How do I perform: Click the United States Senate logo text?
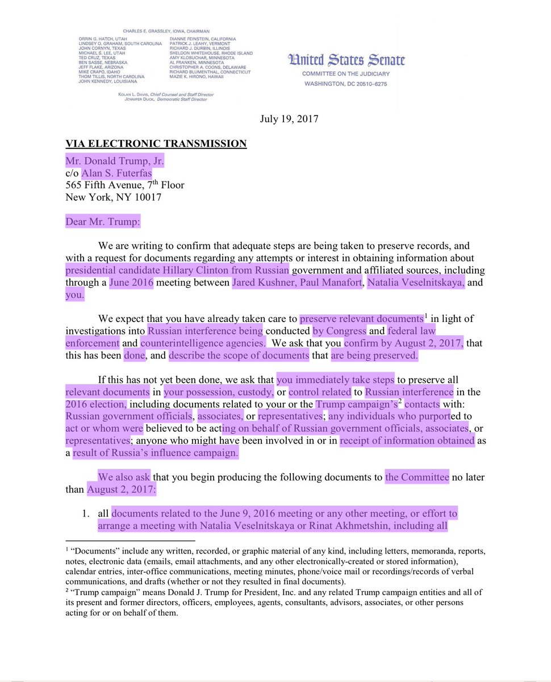click(x=347, y=60)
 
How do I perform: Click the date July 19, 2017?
click(x=289, y=119)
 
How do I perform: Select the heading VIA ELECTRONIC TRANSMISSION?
click(x=156, y=143)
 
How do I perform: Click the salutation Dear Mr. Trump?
click(x=103, y=221)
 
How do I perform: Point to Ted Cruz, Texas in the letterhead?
click(x=97, y=57)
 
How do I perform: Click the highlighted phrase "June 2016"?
click(x=131, y=283)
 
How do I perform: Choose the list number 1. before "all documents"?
click(x=86, y=514)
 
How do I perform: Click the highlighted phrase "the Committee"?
click(x=417, y=477)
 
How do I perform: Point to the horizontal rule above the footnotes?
click(x=130, y=540)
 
